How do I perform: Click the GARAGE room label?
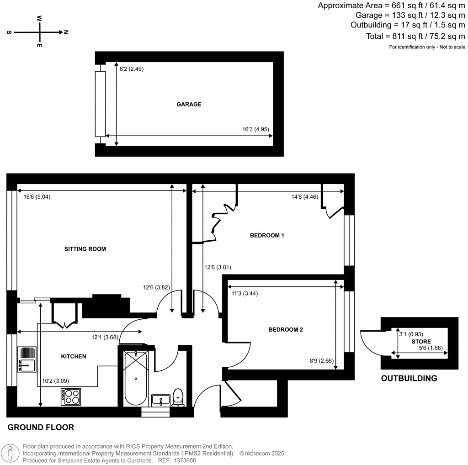(189, 104)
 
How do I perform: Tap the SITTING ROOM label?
(85, 249)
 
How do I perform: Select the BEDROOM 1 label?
(267, 236)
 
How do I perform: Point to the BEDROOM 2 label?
(286, 329)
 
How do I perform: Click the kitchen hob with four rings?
(70, 396)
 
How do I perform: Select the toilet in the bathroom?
(178, 397)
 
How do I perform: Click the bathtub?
(135, 378)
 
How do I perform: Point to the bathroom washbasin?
(161, 401)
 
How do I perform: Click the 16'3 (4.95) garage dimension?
(256, 129)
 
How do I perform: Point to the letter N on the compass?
(66, 32)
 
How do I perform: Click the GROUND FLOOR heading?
(41, 428)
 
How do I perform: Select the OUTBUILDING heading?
(409, 378)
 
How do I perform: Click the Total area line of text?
(415, 36)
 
